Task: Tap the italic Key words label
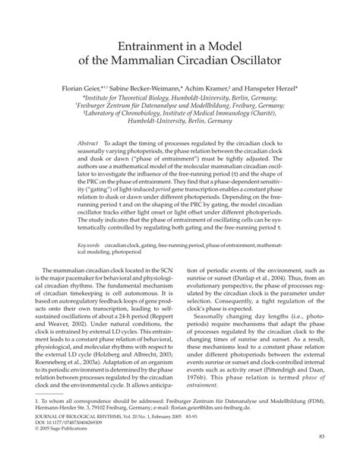coord(92,247)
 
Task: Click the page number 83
coord(322,456)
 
